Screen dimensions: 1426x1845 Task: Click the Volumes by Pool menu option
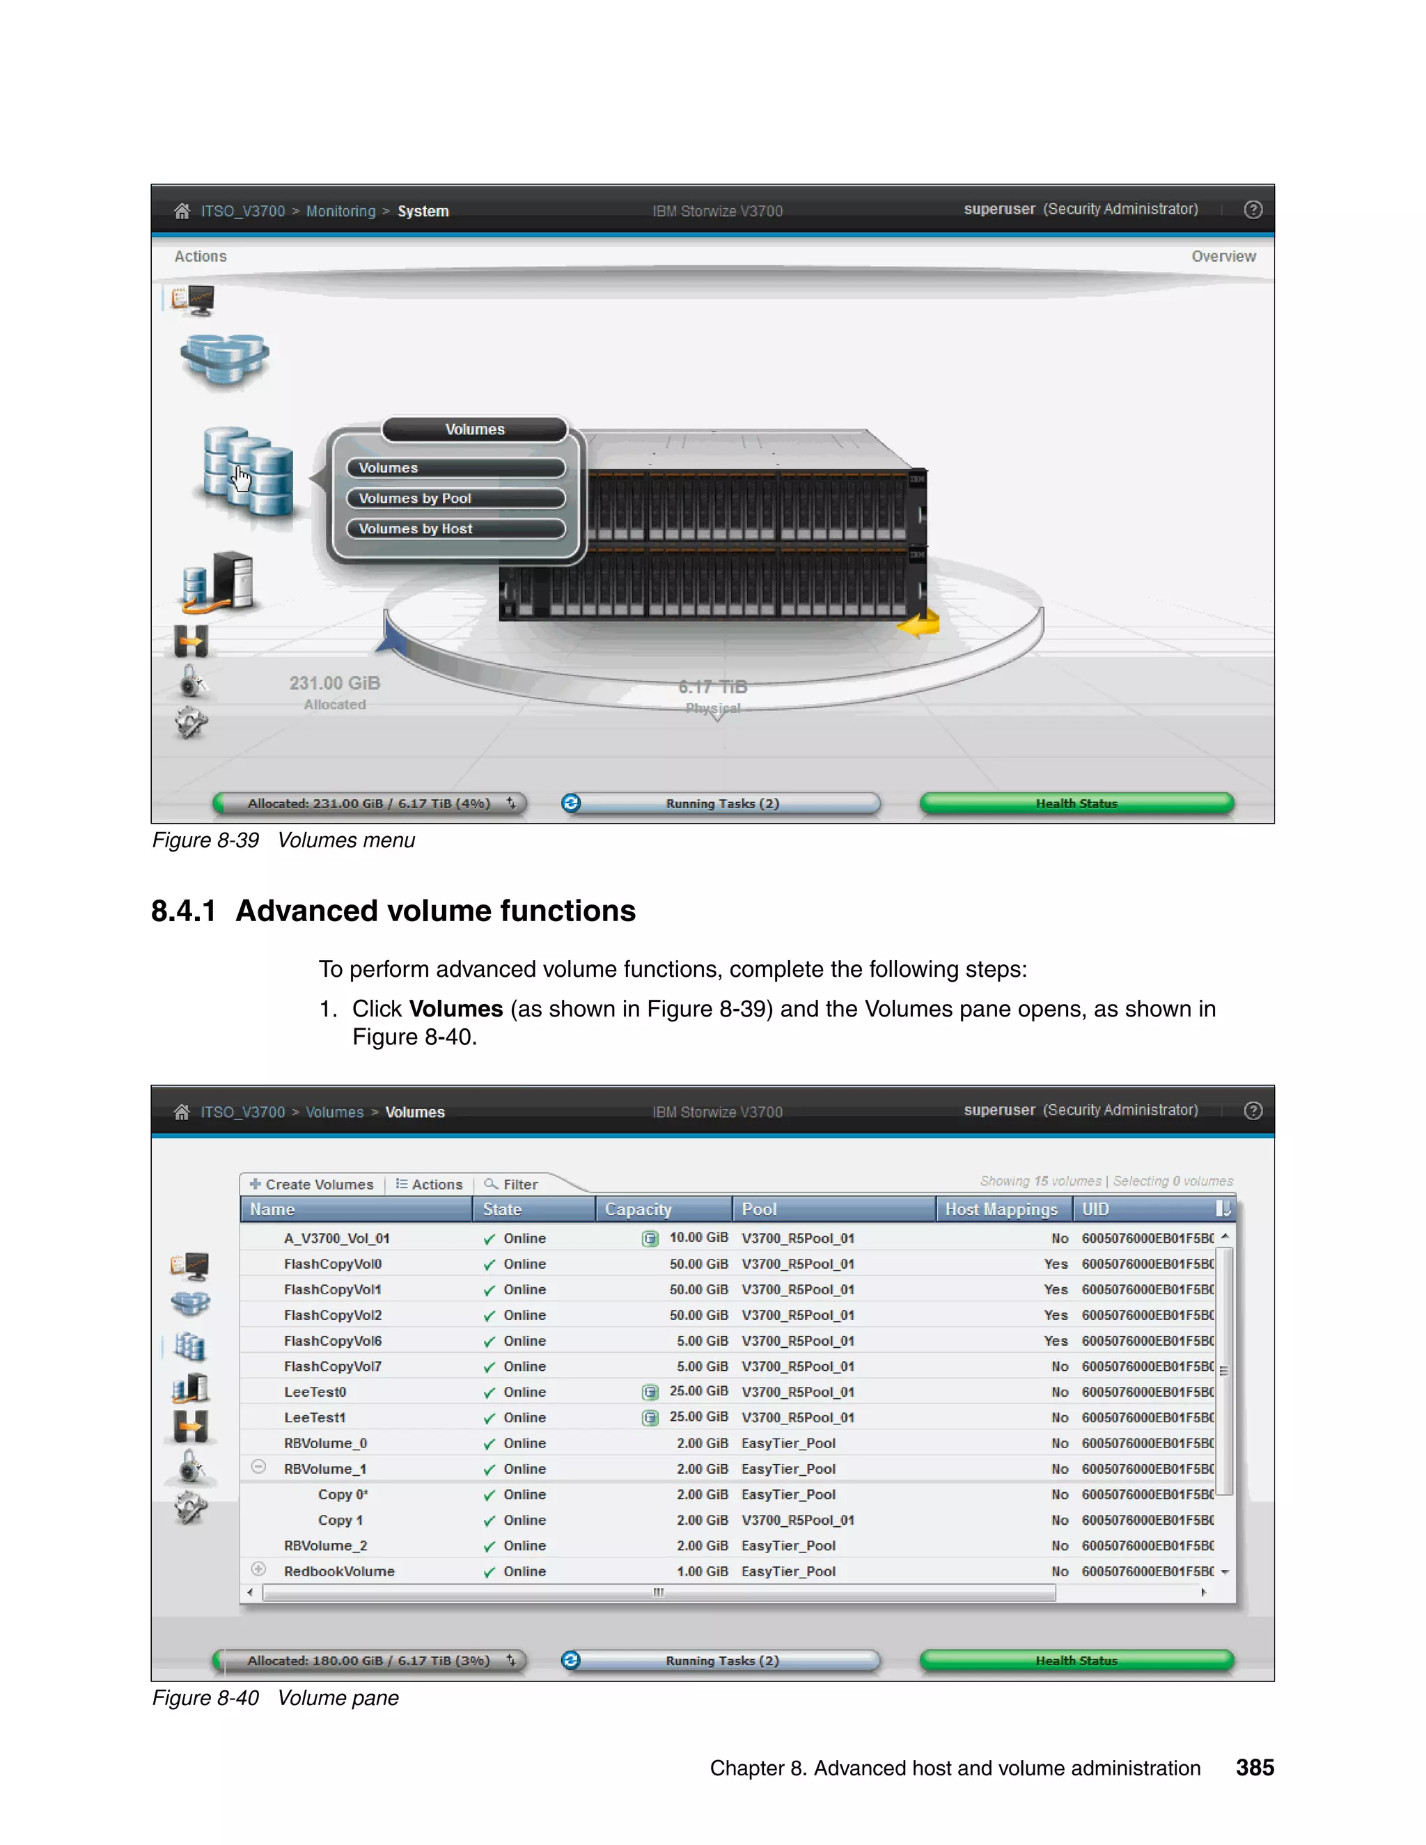(x=455, y=498)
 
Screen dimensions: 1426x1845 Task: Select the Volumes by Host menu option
(x=455, y=529)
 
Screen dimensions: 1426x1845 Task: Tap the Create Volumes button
(x=312, y=1184)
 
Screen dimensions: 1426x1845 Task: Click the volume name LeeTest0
(x=315, y=1392)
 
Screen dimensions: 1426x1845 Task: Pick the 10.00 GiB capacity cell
(x=698, y=1238)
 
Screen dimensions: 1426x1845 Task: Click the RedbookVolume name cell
(x=339, y=1571)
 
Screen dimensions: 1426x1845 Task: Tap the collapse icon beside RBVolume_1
(x=259, y=1468)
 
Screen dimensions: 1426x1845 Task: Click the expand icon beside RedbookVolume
(x=259, y=1569)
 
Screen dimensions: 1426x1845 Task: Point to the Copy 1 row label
(x=340, y=1520)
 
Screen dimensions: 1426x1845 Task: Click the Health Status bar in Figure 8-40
(x=1076, y=1660)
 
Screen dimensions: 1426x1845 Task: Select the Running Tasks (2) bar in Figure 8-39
(x=721, y=803)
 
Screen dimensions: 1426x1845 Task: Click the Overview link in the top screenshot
(x=1223, y=256)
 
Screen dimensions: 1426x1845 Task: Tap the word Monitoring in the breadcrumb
(x=340, y=211)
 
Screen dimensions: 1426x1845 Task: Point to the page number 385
(x=1255, y=1768)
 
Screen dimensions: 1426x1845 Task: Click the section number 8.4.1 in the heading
(x=183, y=911)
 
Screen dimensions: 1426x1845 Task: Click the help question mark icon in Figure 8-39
(x=1253, y=210)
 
